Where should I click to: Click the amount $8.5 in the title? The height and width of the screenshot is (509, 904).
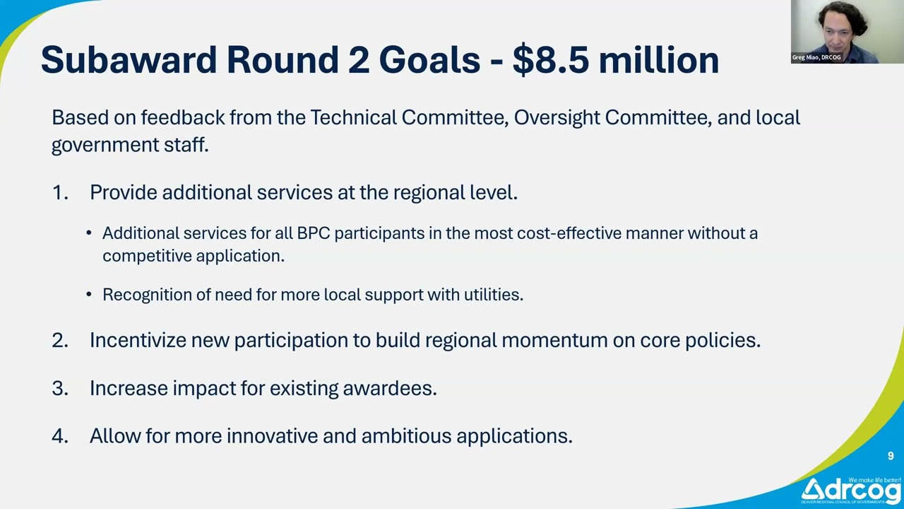(x=550, y=60)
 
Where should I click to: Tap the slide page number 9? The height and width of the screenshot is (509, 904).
(x=891, y=456)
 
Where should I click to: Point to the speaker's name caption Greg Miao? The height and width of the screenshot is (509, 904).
(x=816, y=57)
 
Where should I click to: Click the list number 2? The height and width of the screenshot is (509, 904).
(x=59, y=340)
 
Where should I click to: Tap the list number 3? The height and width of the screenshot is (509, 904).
(x=59, y=388)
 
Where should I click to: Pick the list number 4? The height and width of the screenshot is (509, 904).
(x=59, y=436)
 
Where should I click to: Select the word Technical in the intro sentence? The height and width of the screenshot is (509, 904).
(x=353, y=117)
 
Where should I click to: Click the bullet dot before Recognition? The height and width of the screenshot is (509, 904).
(x=89, y=295)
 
